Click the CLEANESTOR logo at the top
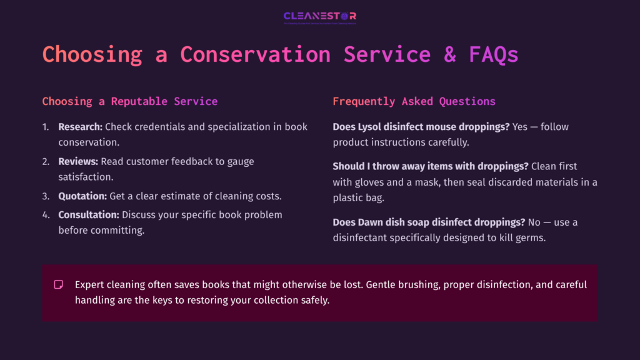point(319,17)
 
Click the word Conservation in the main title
point(255,54)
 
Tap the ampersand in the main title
point(449,54)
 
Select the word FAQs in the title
point(494,54)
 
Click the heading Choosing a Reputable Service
point(130,101)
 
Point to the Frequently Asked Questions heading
point(414,101)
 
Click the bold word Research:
point(80,127)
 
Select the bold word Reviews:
point(78,161)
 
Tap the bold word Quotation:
point(82,196)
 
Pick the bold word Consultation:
point(89,214)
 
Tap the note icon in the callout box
point(59,284)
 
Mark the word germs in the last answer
point(531,237)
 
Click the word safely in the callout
point(316,300)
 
